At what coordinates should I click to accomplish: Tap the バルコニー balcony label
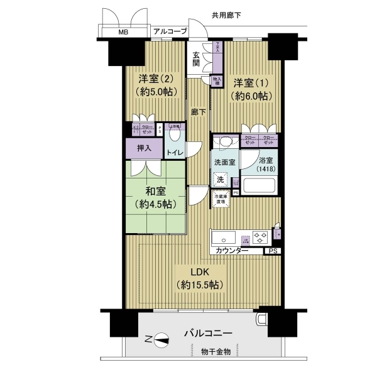tap(208, 334)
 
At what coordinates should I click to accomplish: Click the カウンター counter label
tap(231, 251)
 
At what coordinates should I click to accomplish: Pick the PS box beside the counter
tap(272, 251)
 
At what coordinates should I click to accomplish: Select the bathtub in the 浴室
tap(260, 186)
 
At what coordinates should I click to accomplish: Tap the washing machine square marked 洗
tap(220, 180)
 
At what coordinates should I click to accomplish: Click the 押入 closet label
tap(144, 149)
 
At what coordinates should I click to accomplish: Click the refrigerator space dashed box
tap(221, 199)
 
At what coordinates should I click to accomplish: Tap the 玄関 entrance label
tap(197, 59)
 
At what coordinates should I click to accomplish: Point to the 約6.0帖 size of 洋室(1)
tap(251, 96)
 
